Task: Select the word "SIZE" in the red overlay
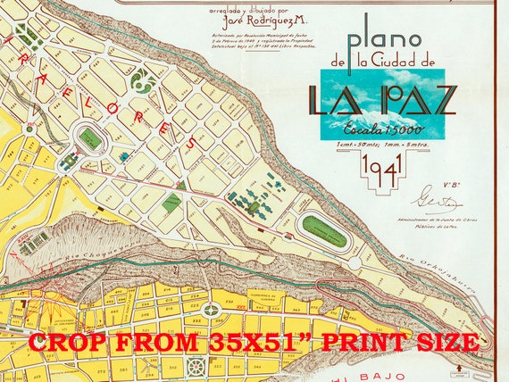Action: (x=441, y=343)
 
